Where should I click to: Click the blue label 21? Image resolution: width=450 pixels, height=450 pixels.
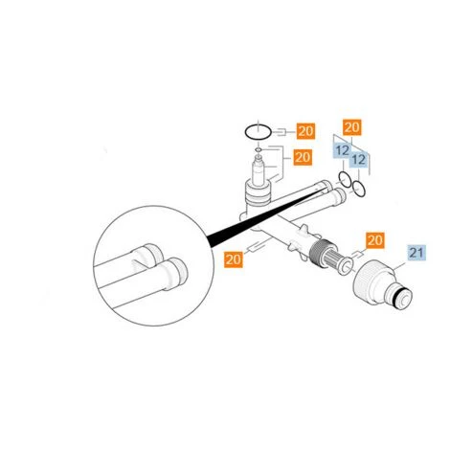416,253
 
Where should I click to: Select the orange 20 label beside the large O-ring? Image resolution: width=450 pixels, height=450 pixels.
304,131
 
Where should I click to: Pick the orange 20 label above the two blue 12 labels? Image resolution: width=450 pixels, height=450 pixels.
351,127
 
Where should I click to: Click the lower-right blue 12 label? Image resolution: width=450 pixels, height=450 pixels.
360,159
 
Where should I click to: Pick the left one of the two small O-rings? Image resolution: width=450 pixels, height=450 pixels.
344,181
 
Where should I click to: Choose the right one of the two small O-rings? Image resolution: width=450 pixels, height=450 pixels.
357,188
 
